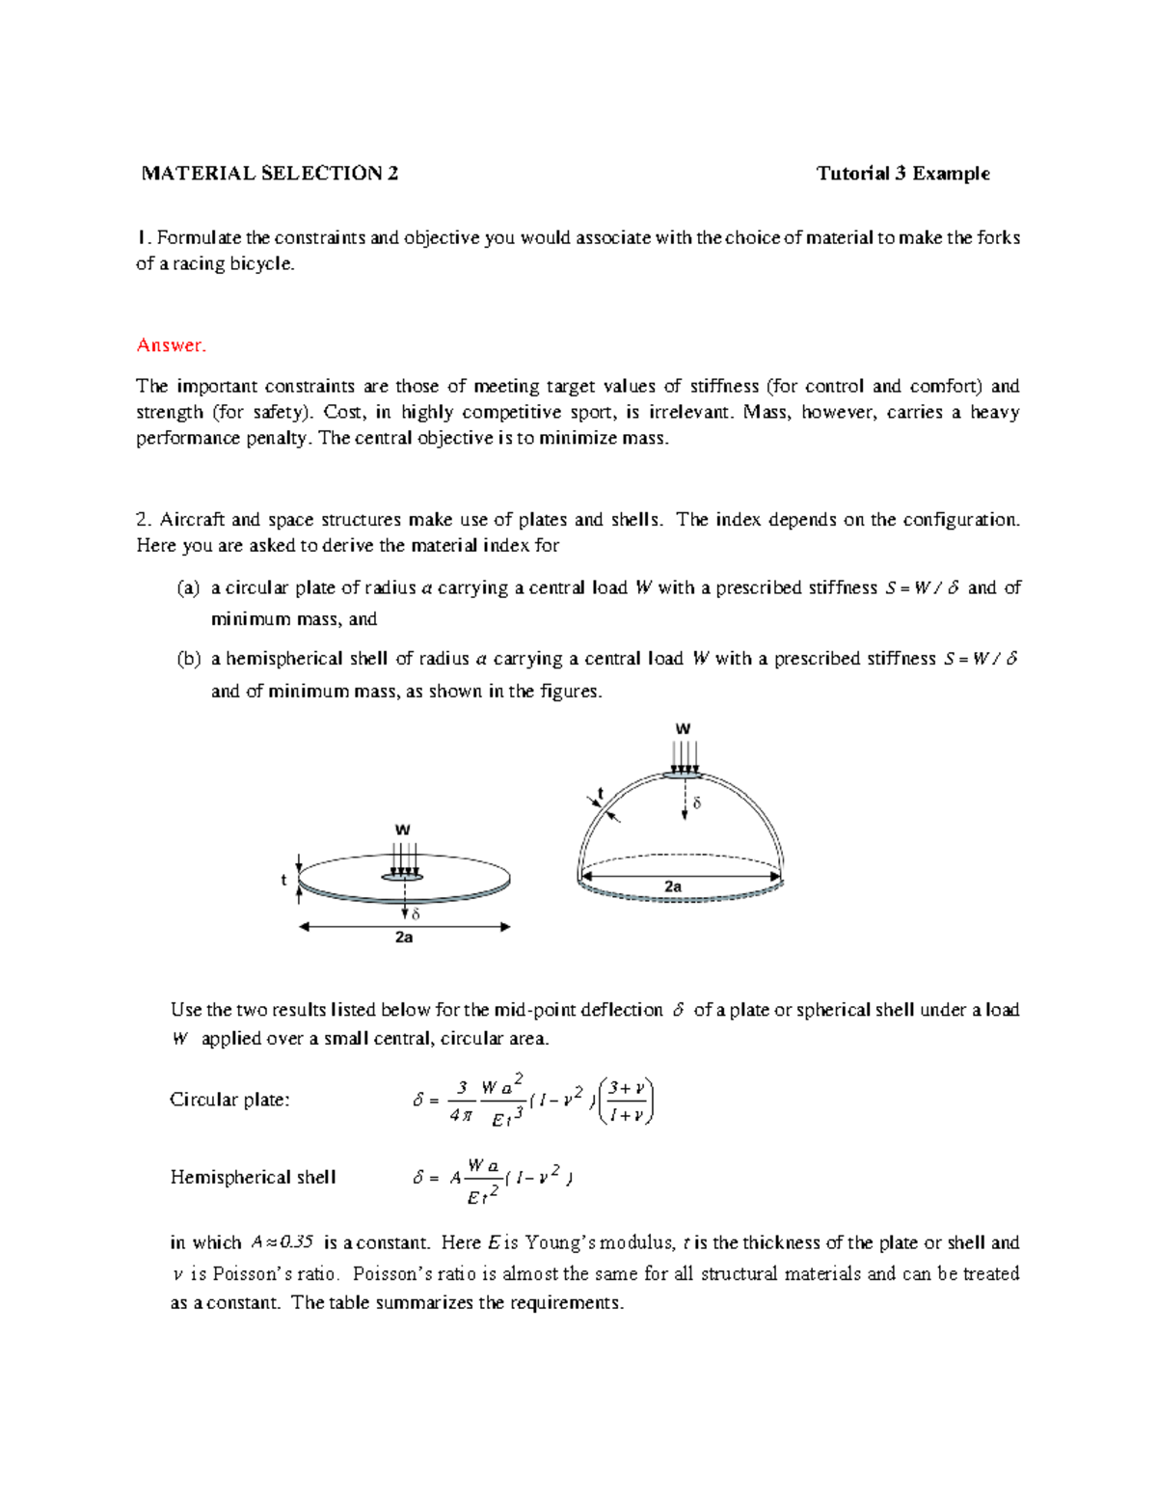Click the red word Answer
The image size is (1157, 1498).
171,345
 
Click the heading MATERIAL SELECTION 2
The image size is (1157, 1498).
269,174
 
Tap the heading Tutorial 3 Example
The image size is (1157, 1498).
902,174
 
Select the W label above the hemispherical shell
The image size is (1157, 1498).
683,729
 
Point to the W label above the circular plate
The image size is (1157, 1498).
403,830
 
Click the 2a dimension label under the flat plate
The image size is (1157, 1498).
404,938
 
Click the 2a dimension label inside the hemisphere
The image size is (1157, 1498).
673,885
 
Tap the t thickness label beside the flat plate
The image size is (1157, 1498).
283,880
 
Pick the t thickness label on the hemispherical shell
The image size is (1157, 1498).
601,793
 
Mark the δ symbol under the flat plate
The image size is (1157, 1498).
416,913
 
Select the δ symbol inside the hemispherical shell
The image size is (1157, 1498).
697,803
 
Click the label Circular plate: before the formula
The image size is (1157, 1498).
229,1100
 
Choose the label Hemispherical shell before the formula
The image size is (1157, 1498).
253,1177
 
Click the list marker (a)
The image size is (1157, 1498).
188,587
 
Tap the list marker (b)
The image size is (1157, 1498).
188,659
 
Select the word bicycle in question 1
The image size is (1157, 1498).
261,263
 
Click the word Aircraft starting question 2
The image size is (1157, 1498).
193,519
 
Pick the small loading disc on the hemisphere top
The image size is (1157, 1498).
684,774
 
